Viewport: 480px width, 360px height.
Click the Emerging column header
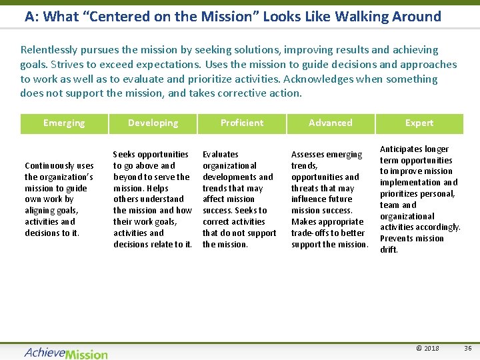point(64,123)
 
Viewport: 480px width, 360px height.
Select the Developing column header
point(153,123)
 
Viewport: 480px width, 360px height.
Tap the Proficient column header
point(242,123)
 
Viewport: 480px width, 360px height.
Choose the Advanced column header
point(331,123)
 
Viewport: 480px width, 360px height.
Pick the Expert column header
point(419,123)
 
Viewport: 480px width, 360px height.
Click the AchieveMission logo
point(66,353)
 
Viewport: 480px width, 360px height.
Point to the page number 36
point(467,348)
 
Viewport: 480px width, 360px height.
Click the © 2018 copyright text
point(427,348)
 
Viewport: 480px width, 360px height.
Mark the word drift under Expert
point(389,250)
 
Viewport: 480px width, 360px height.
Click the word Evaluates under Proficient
point(221,155)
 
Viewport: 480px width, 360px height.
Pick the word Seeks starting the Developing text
point(125,155)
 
